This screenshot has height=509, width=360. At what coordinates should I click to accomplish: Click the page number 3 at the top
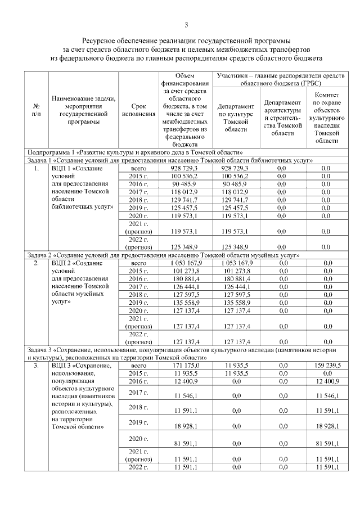coord(186,24)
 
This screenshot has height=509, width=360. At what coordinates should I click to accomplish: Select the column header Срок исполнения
coord(138,110)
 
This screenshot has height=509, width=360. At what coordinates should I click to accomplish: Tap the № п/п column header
coord(36,110)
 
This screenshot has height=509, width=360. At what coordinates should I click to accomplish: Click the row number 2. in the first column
coord(36,263)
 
